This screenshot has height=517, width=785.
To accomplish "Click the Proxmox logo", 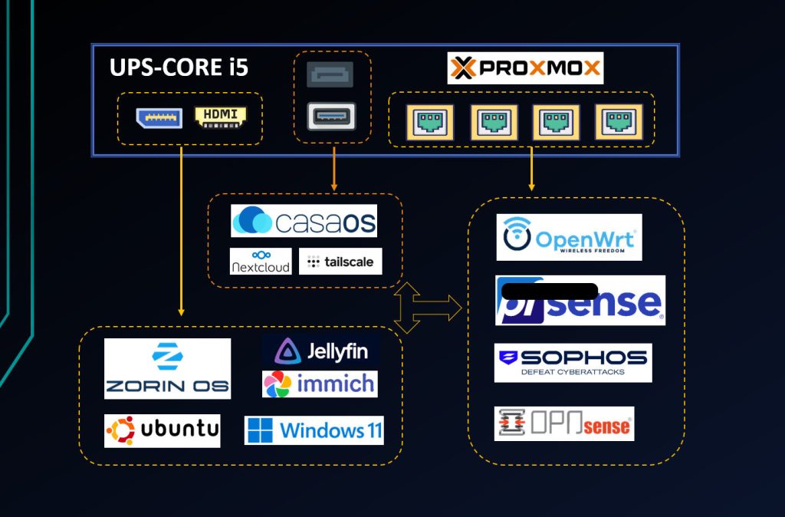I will pos(525,68).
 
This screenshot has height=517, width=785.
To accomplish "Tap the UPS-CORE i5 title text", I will pos(179,68).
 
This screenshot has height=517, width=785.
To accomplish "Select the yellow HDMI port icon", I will pos(221,117).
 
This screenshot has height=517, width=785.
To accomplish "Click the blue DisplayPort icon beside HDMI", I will pos(159,117).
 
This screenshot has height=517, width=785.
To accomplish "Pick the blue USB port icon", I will pos(331,117).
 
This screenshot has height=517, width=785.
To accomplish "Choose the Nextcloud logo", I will pos(261,261).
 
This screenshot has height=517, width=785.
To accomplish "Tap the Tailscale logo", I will pos(340,262).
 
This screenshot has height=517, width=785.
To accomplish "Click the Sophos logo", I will pos(573,362).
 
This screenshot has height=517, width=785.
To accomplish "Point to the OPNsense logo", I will pos(564,424).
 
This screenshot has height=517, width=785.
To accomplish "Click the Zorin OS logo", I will pos(167,368).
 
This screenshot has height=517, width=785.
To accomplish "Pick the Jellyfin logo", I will pos(321,351).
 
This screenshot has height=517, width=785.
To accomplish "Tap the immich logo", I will pos(320,384).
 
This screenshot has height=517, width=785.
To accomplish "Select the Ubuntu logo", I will pos(163,430).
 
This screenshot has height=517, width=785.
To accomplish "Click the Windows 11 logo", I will pos(314,430).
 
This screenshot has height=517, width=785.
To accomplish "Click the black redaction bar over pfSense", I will pos(548,291).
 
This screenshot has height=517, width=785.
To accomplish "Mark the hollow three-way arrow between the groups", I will pos(425,308).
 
